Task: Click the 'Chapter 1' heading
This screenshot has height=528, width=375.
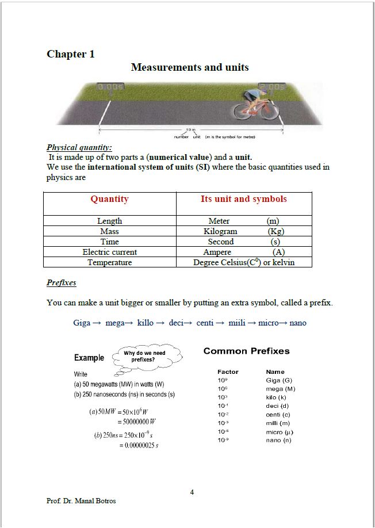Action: click(x=71, y=54)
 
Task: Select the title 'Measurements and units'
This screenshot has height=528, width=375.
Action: click(x=190, y=67)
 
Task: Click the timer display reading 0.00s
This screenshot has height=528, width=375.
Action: click(x=111, y=87)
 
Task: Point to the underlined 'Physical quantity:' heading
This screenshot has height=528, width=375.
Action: click(x=79, y=147)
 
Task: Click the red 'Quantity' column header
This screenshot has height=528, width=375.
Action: click(x=109, y=199)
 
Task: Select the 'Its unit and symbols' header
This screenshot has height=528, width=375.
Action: click(x=243, y=199)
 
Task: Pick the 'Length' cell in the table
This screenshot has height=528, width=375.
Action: click(x=109, y=221)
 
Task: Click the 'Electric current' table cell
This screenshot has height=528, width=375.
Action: click(x=109, y=252)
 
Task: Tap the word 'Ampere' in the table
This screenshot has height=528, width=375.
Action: click(x=217, y=252)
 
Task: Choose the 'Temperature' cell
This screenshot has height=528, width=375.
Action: click(x=109, y=262)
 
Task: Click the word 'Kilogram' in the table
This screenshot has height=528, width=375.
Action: click(x=220, y=231)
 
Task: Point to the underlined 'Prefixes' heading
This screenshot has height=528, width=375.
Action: click(x=62, y=282)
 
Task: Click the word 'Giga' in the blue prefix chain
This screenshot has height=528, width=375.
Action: click(x=82, y=323)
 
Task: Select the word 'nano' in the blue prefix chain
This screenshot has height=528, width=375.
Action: click(x=298, y=323)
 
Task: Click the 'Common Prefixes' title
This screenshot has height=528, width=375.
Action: click(x=247, y=351)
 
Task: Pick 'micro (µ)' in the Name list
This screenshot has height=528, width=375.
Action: click(x=280, y=431)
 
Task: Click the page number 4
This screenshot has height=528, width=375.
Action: click(x=192, y=492)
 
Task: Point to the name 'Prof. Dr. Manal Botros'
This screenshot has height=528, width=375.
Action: click(x=81, y=501)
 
